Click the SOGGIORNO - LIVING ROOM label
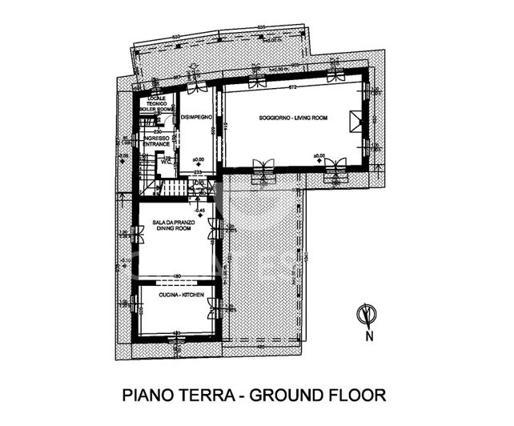point(293,118)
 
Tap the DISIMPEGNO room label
point(196,119)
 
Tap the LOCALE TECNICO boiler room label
point(156,102)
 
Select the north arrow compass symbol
point(367,315)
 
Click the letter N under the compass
point(369,336)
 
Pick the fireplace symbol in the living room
point(355,121)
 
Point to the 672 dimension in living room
point(294,86)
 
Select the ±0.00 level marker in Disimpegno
point(199,158)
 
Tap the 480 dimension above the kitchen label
point(176,278)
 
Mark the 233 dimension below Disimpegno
point(198,172)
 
